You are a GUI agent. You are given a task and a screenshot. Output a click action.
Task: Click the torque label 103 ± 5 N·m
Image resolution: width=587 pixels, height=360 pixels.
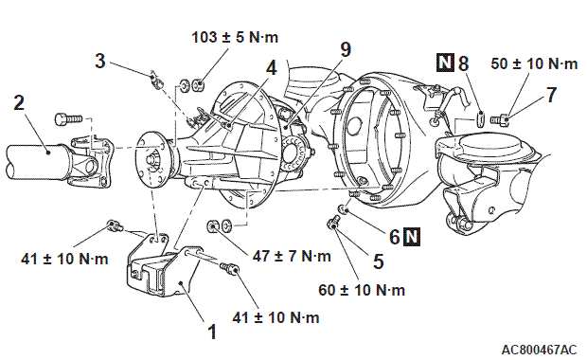235,38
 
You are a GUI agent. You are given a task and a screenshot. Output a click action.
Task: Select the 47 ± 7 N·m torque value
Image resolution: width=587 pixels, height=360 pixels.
292,256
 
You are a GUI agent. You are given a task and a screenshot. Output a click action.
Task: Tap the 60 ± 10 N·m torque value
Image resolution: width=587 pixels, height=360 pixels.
362,290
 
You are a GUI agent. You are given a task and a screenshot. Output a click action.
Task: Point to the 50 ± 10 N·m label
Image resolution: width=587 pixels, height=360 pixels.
534,63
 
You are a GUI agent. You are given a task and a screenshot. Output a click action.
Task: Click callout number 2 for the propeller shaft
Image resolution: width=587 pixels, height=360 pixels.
19,103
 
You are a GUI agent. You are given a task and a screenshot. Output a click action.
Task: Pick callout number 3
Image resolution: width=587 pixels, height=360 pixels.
100,61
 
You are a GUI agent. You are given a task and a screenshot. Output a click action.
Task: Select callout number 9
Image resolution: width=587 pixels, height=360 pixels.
346,49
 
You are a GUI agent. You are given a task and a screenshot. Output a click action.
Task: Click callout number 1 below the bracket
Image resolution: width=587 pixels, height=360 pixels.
212,332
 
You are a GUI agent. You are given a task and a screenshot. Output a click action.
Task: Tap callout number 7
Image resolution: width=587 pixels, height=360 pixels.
551,95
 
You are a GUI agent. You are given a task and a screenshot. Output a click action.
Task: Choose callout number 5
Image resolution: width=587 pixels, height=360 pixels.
379,261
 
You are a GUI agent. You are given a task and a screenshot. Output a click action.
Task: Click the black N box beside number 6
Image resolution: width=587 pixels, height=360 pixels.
412,237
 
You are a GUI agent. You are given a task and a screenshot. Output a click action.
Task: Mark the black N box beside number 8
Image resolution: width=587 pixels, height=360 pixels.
445,63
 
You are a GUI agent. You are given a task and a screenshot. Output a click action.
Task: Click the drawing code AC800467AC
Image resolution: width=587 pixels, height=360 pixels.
539,350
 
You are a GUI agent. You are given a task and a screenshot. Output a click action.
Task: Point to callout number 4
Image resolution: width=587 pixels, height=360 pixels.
272,68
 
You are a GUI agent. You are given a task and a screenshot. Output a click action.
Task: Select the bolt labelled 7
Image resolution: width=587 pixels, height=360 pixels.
500,119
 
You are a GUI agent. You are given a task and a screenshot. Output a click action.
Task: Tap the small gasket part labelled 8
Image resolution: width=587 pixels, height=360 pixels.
482,117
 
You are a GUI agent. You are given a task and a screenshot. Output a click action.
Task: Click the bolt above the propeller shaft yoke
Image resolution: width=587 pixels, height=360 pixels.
68,118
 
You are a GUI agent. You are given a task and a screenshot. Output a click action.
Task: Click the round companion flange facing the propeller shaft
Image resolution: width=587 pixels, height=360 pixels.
152,160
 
